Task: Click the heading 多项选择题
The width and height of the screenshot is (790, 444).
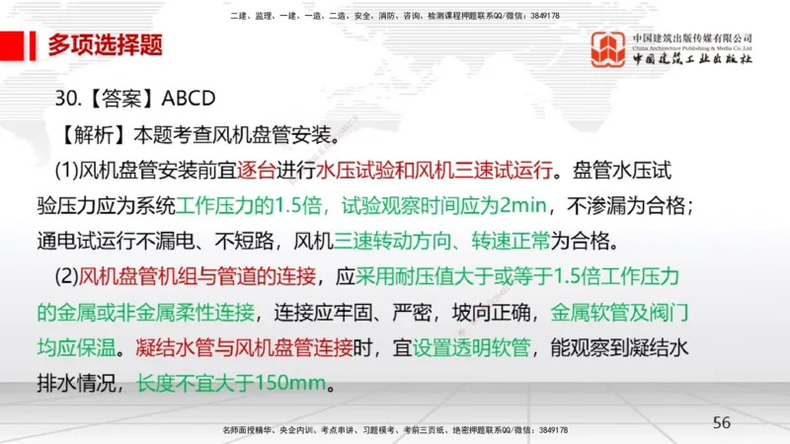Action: tap(106, 44)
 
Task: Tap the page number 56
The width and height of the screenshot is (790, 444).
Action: tap(722, 421)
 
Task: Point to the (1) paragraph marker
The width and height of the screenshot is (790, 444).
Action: tap(66, 170)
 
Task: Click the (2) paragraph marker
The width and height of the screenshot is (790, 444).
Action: tap(66, 276)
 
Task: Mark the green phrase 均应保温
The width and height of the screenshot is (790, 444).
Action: tap(77, 347)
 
